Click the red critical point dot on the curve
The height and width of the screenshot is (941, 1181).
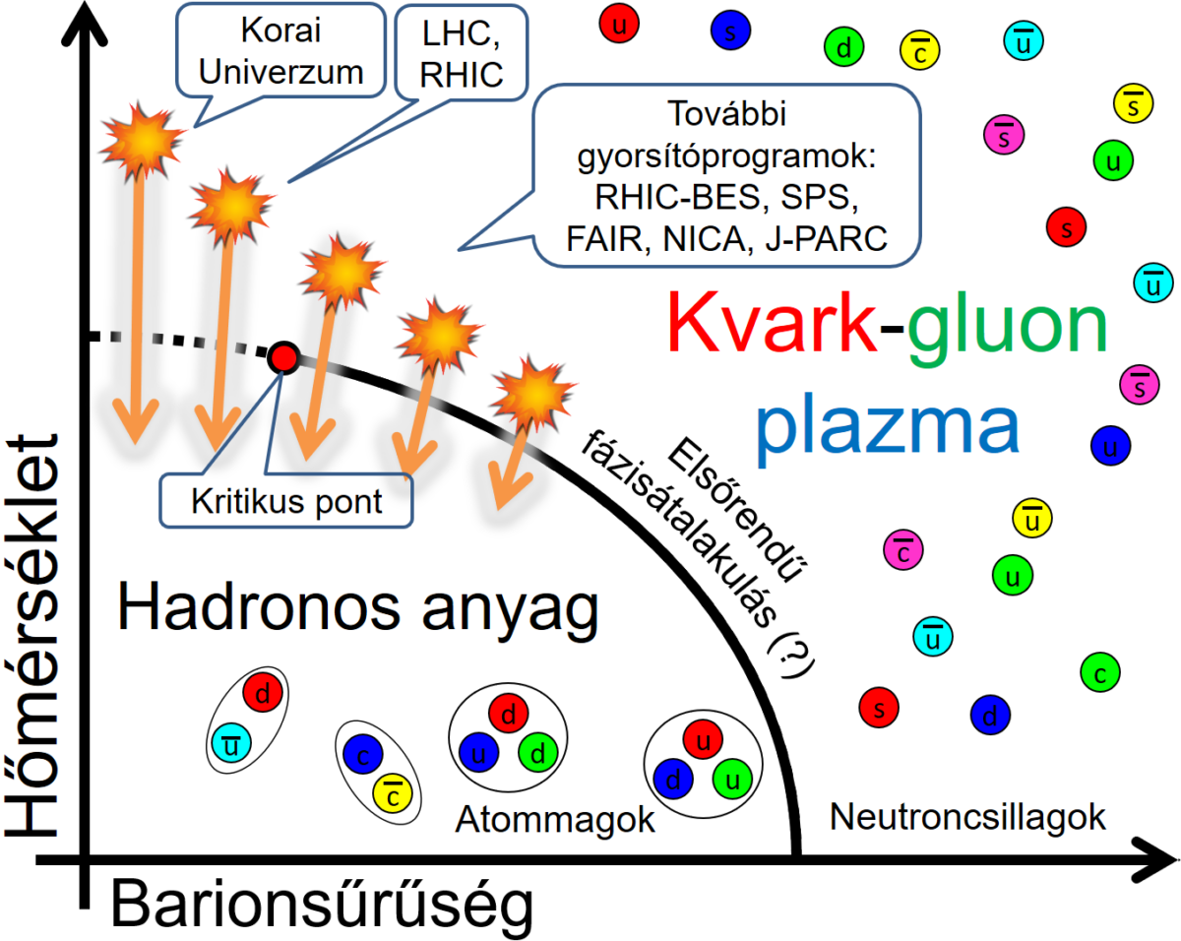point(283,358)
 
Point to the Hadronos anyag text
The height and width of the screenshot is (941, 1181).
point(358,608)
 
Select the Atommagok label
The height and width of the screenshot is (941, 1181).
point(555,819)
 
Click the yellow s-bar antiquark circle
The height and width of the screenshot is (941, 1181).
point(1133,101)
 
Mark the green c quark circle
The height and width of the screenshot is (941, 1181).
point(1100,673)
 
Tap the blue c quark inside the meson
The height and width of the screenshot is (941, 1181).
point(362,755)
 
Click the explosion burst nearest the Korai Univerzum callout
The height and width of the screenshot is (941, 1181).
point(144,141)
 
